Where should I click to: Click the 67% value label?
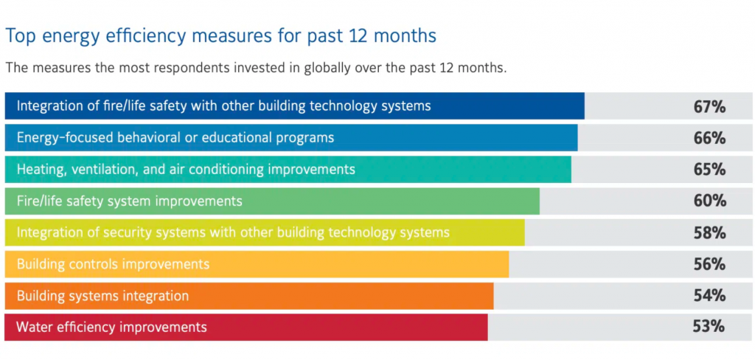coord(709,106)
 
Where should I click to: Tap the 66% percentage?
coord(709,138)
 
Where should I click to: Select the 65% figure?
coord(709,170)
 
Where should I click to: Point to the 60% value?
coord(709,201)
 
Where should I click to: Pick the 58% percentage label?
coord(709,233)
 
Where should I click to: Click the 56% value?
coord(709,264)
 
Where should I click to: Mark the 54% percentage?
coord(709,295)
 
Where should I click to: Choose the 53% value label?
coord(709,327)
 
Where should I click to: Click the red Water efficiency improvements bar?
coord(246,328)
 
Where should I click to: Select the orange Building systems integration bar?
coord(249,296)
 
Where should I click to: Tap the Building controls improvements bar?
coord(257,265)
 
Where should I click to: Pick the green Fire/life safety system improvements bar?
coord(272,201)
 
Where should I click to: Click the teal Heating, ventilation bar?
coord(288,170)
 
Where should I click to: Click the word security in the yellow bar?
coord(127,233)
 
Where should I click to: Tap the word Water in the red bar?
coord(34,328)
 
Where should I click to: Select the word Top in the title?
coord(18,37)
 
